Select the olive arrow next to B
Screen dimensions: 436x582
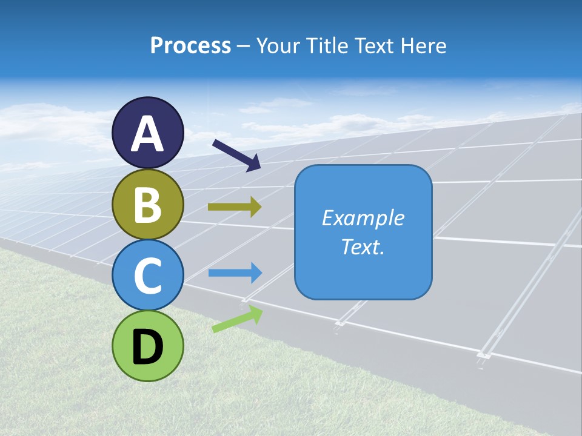click(235, 207)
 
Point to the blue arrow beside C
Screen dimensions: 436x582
click(235, 273)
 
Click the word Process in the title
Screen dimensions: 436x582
click(190, 46)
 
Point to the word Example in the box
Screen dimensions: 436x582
click(363, 218)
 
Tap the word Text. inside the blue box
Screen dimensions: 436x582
click(363, 246)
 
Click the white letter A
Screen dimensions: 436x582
click(148, 134)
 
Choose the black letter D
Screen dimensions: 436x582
click(148, 347)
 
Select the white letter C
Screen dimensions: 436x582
click(148, 276)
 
